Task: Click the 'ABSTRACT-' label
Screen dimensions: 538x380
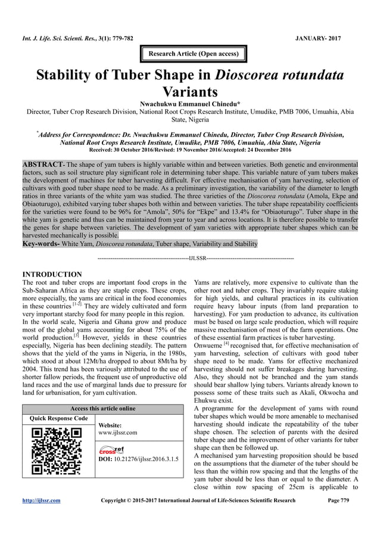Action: click(x=43, y=163)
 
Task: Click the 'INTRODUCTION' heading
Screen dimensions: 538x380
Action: click(x=51, y=274)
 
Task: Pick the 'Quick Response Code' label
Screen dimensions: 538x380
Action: click(x=54, y=418)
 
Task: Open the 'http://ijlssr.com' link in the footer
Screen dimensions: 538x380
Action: click(x=41, y=500)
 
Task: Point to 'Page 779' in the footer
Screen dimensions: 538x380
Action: click(x=343, y=500)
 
